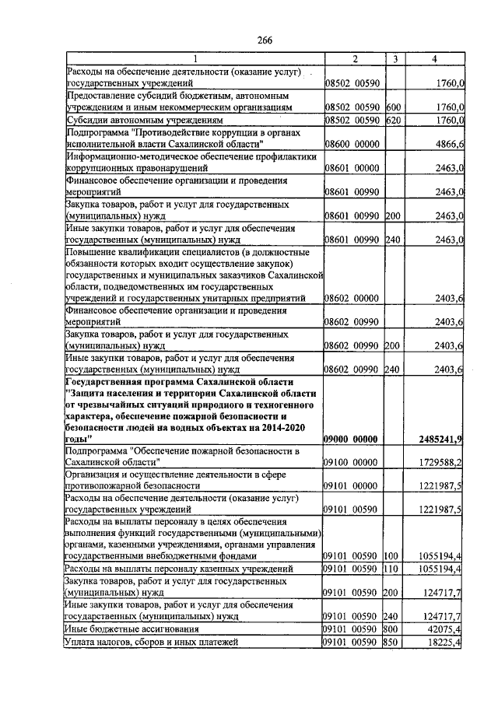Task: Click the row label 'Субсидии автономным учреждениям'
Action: coord(145,121)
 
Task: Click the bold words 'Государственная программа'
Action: coord(132,383)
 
